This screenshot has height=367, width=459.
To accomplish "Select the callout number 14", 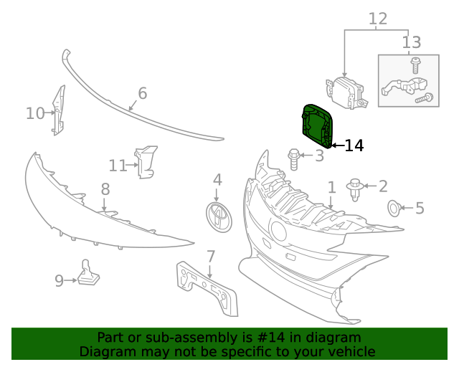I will [354, 146].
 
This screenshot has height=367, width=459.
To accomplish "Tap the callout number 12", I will [378, 19].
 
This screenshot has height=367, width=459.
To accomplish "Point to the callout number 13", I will [412, 42].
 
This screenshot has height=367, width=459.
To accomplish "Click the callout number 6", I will [142, 93].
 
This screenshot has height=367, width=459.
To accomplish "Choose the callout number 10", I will [34, 113].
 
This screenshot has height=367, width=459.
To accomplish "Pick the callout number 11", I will [118, 166].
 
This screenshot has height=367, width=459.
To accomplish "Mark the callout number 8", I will [105, 189].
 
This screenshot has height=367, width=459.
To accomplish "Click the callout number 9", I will [59, 281].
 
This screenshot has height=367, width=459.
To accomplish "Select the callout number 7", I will [211, 257].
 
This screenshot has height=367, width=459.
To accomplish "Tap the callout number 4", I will [217, 180].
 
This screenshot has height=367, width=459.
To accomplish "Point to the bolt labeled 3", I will [294, 158].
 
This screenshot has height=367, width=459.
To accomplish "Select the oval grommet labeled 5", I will [394, 209].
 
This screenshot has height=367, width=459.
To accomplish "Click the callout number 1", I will [331, 188].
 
